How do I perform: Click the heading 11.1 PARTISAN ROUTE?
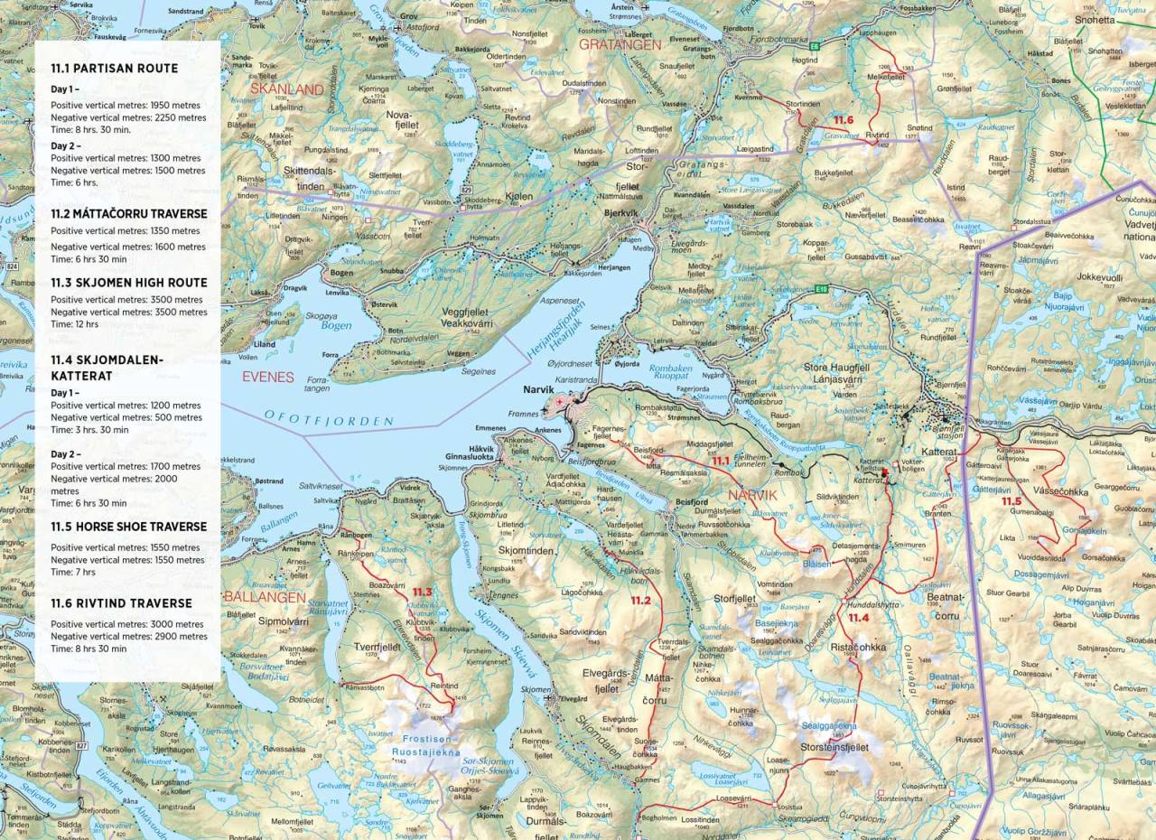coord(114,69)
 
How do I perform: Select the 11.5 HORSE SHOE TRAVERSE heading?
coord(128,527)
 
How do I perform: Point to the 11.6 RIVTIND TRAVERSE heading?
coord(121,603)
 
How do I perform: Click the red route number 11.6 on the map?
coord(844,120)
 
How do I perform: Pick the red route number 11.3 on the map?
coord(422,593)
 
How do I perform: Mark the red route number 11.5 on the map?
coord(1011,501)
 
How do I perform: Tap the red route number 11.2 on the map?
coord(640,601)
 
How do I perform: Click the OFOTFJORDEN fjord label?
coord(329,418)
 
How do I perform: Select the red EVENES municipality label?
coord(267,377)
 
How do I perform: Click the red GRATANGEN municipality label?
coord(620,43)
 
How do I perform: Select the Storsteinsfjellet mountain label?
coord(834,748)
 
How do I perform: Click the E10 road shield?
coord(820,289)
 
